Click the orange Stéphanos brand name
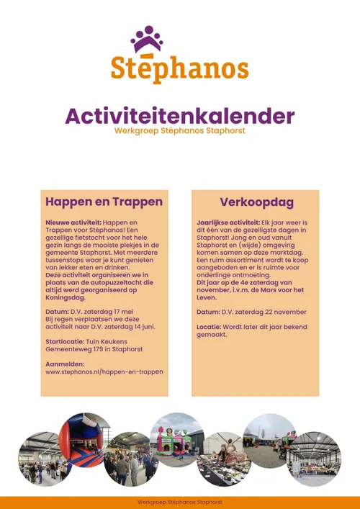[179, 68]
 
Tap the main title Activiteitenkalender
[179, 116]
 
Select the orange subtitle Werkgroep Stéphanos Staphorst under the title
[179, 130]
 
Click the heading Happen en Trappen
[104, 202]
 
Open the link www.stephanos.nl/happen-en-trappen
[104, 371]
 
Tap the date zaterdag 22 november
[261, 312]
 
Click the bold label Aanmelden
[66, 364]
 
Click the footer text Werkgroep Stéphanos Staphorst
[179, 502]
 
